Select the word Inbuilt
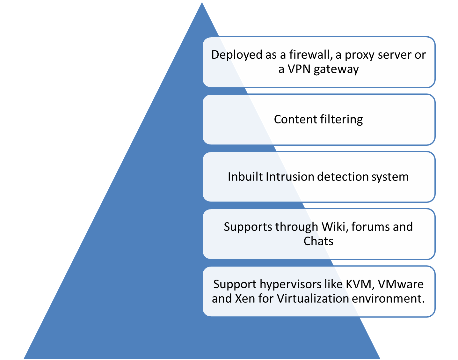(x=245, y=177)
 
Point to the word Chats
(x=318, y=241)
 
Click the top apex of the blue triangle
(x=202, y=1)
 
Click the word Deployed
(x=236, y=55)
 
